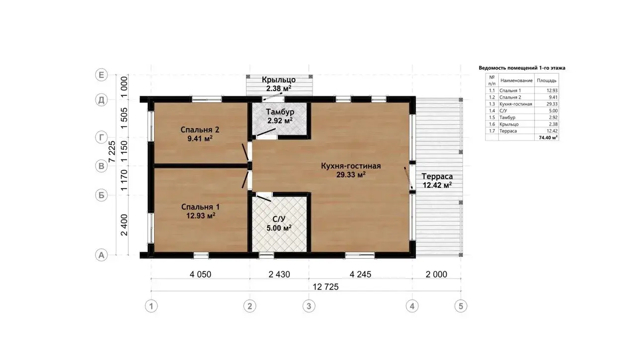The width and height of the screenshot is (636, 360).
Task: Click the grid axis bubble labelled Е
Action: pos(101,75)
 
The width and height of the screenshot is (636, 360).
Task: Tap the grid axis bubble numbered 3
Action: pos(309,306)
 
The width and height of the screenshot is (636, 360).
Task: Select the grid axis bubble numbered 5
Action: pos(461,306)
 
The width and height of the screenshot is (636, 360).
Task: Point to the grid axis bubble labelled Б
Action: pos(101,195)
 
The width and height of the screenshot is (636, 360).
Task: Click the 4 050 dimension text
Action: pos(200,274)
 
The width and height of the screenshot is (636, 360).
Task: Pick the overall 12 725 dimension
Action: pos(325,287)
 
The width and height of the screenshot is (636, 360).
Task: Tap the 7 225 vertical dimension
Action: pos(112,151)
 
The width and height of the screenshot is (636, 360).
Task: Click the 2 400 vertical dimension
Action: pos(124,225)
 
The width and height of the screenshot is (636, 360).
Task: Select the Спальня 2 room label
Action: pos(200,130)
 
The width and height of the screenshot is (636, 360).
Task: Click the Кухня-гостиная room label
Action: pos(351,166)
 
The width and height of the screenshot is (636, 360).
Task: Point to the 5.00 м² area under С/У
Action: pos(279,228)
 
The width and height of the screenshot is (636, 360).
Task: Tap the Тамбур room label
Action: pos(280,112)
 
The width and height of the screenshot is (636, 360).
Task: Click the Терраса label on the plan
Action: pos(437,176)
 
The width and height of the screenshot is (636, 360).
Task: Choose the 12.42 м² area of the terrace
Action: pos(437,185)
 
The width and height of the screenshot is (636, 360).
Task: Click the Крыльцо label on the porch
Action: pos(279,79)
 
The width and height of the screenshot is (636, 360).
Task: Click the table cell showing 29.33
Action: pos(552,104)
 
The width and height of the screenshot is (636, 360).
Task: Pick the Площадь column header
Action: pos(547,80)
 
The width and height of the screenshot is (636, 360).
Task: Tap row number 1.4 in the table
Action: pos(492,111)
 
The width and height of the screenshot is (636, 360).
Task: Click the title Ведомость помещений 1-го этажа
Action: pos(522,68)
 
